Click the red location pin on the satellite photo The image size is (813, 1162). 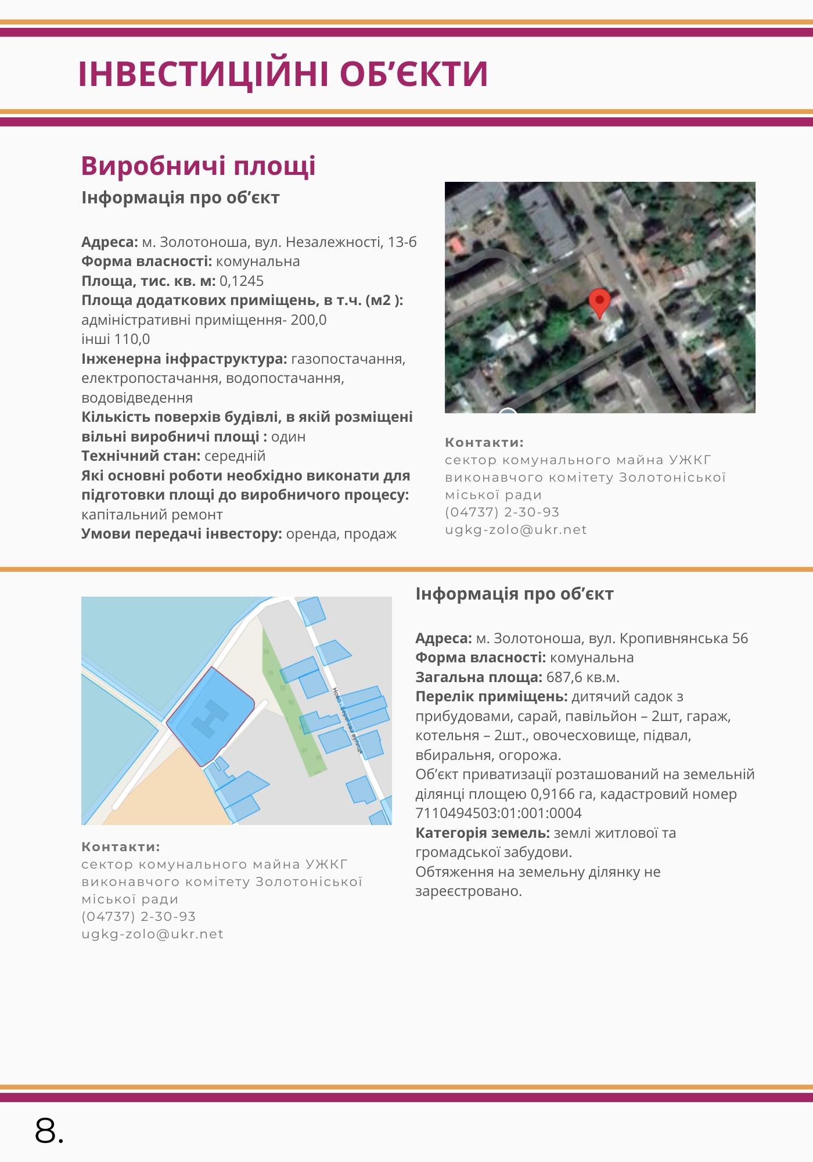(x=599, y=301)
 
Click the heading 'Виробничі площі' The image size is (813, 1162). (x=198, y=166)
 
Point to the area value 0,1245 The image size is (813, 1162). (x=242, y=281)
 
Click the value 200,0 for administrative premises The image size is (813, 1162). (x=309, y=320)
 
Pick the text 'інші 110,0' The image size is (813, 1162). (x=116, y=339)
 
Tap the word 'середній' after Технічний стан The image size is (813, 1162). (x=235, y=456)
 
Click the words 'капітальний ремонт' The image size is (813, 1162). (x=152, y=515)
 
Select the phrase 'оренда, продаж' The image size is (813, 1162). (x=341, y=534)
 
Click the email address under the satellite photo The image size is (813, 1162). (x=516, y=530)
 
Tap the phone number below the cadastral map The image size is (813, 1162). (x=139, y=917)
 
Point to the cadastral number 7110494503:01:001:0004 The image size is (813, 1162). (x=498, y=813)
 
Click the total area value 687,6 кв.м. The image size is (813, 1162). (x=582, y=677)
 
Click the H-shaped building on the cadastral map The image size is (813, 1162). (x=210, y=718)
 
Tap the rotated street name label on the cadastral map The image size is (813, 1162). (x=347, y=720)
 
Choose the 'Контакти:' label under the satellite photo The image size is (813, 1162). (x=484, y=443)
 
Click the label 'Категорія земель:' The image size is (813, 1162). (x=482, y=833)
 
